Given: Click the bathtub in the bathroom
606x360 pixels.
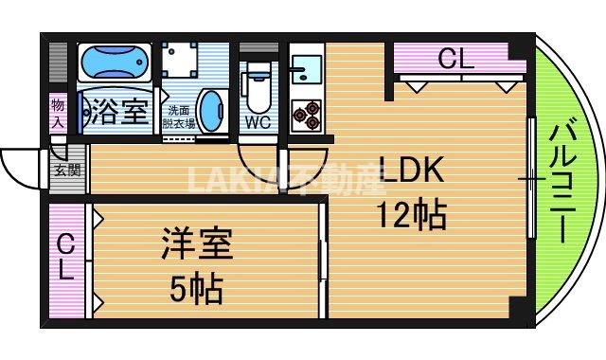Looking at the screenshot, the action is click(x=115, y=64).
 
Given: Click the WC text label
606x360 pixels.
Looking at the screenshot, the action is click(x=258, y=122).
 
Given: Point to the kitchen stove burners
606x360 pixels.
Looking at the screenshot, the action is click(x=306, y=113).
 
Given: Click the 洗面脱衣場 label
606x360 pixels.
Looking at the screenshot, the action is click(x=181, y=116).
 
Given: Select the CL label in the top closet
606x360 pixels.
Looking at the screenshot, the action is click(x=454, y=60).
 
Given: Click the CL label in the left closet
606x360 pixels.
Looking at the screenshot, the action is click(x=64, y=258).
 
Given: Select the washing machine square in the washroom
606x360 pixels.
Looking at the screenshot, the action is click(x=180, y=62).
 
